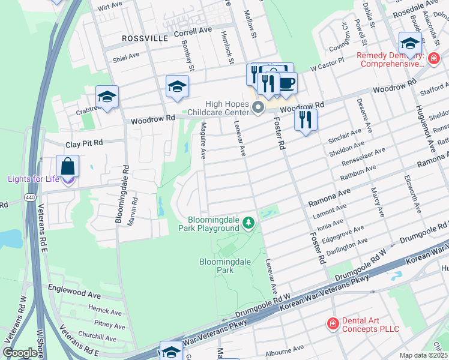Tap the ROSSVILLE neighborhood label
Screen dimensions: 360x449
tap(144, 37)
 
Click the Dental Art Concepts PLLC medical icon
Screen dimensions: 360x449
tap(332, 324)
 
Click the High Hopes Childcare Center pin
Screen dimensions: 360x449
tap(259, 107)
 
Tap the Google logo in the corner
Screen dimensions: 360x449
tap(20, 353)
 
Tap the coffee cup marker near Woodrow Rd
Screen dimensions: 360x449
tap(287, 83)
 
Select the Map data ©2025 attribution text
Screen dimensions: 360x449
tap(423, 355)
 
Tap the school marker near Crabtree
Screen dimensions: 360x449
tap(107, 97)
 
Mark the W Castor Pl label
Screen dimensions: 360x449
tap(327, 65)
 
